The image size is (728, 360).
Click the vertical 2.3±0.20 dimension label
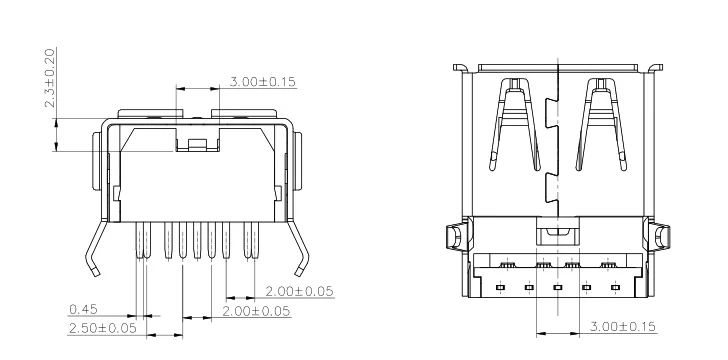point(50,78)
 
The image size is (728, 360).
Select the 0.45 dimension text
point(84,309)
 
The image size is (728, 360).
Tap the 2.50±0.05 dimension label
point(103,328)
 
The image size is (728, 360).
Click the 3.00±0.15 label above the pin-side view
point(263,82)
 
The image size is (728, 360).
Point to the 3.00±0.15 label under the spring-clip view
point(623,327)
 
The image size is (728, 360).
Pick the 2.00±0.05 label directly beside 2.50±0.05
point(256,311)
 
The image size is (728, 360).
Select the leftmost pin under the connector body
point(139,240)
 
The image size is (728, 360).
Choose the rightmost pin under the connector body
point(255,240)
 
